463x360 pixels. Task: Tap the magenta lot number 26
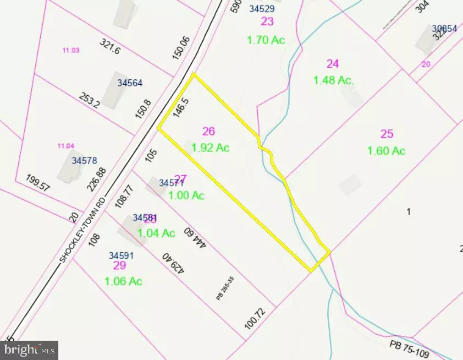[x=208, y=131]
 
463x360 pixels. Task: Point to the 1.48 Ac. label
[x=333, y=80]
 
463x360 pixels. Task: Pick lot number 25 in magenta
[x=387, y=133]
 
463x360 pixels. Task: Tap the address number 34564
[x=130, y=83]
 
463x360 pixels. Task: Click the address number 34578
[x=84, y=161]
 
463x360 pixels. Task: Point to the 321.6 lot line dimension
[x=110, y=49]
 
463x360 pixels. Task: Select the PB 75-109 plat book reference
[x=414, y=347]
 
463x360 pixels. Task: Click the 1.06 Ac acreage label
[x=124, y=281]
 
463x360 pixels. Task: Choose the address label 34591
[x=121, y=255]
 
